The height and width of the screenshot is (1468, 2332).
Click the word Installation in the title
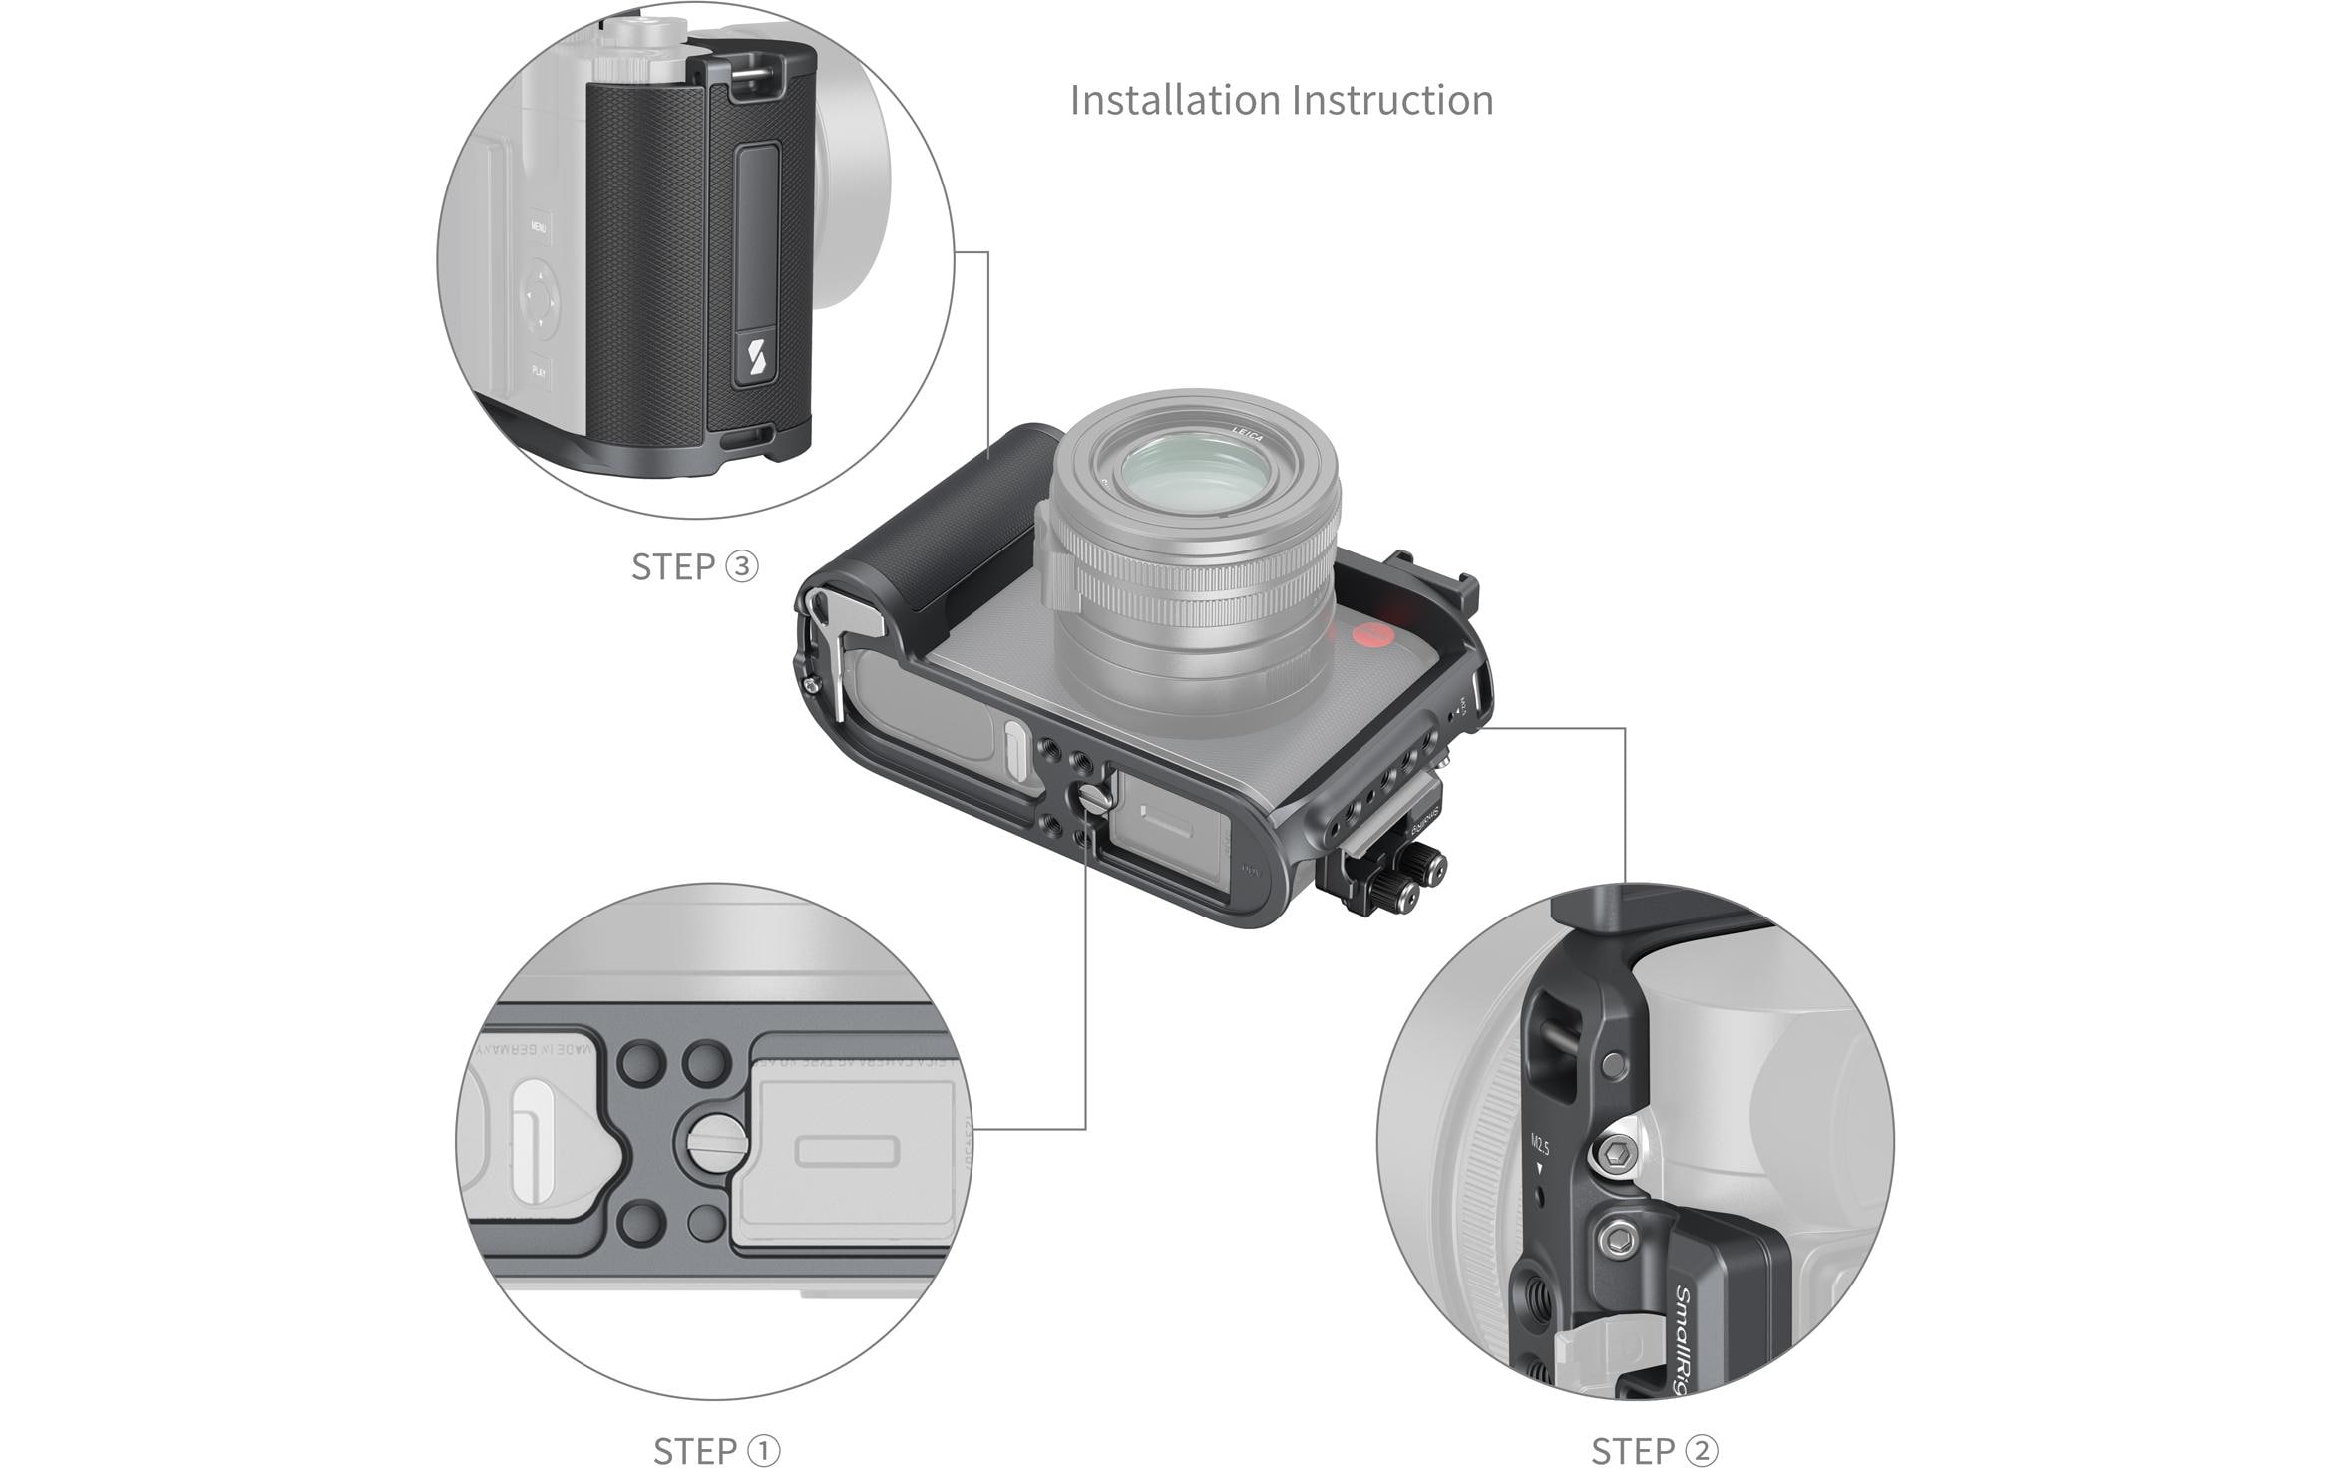coord(1174,100)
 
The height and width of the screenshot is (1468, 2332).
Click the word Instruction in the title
coord(1392,100)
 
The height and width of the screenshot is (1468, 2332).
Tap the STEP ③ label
coord(694,566)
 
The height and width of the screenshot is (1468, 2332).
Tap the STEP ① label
coord(716,1450)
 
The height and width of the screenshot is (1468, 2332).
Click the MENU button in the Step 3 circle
coord(538,227)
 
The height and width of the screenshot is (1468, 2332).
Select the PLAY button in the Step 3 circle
coord(538,371)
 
